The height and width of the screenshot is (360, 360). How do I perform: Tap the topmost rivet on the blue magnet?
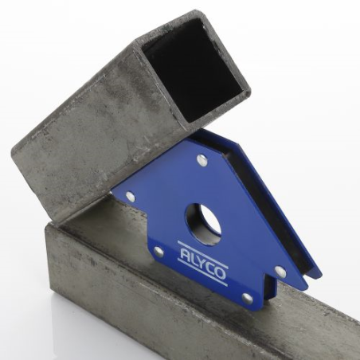202,161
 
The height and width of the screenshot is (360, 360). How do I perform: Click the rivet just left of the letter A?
158,252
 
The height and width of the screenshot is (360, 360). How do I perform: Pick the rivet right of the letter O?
280,271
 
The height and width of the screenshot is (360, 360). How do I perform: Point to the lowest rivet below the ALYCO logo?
247,298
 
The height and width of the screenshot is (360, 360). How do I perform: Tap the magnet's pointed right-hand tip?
319,275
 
